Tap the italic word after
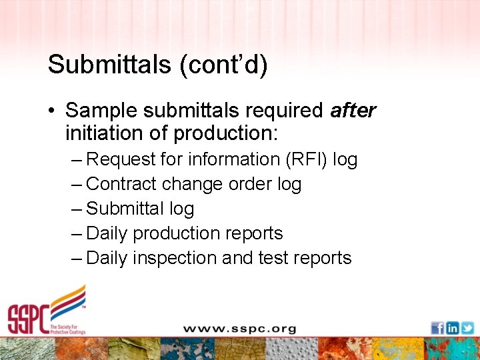point(353,110)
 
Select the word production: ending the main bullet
point(225,133)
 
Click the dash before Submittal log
point(76,209)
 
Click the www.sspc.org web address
point(240,328)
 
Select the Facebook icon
point(437,328)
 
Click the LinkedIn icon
point(452,328)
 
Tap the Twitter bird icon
point(467,328)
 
